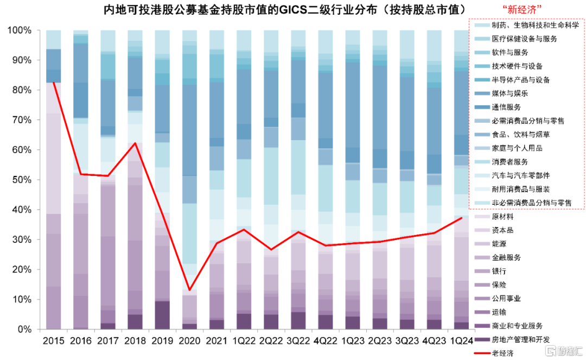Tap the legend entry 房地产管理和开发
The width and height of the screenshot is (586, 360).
pos(521,339)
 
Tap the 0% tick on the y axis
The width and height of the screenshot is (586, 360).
pos(26,330)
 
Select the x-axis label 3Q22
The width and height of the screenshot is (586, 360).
pos(298,341)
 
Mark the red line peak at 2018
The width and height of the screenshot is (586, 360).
pos(135,143)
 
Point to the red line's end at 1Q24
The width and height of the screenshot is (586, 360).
pos(461,218)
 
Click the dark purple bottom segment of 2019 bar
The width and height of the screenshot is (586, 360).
pos(162,315)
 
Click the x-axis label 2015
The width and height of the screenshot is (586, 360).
pos(53,341)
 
